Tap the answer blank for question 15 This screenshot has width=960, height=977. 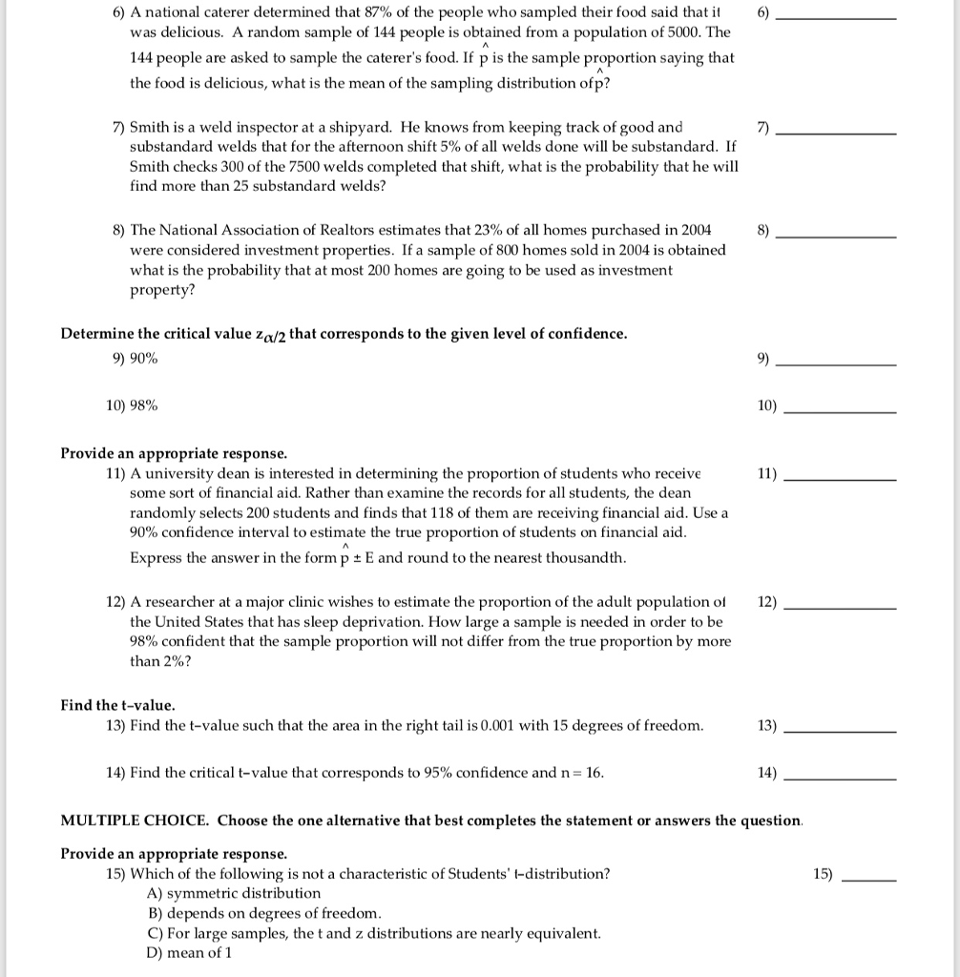pos(866,876)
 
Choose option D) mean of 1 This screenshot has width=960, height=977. pos(189,953)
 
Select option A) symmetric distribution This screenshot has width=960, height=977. pos(234,893)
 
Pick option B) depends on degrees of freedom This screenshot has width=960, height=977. pos(263,913)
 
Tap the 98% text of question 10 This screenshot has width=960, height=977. pos(144,405)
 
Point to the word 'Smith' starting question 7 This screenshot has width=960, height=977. pos(149,127)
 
